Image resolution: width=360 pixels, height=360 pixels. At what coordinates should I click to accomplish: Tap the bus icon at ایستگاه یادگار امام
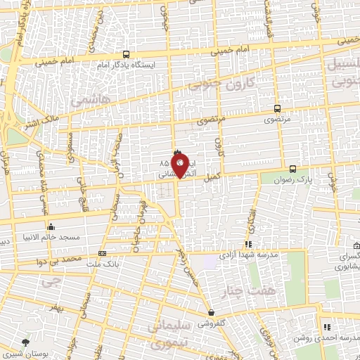coord(126,54)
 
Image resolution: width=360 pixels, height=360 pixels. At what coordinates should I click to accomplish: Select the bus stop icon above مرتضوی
coord(277,109)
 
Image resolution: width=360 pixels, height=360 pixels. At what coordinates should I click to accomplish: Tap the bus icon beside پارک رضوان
coord(293,169)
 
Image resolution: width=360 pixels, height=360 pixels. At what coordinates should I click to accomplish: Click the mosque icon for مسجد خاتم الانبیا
coord(51,227)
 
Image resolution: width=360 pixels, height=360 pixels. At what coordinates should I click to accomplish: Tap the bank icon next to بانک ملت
coord(103,254)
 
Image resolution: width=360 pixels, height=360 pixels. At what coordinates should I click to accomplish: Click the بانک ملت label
coord(84,264)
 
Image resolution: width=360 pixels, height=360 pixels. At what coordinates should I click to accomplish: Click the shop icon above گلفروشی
coord(211,313)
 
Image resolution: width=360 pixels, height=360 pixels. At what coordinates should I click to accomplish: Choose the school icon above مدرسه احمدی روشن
coord(326,327)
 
